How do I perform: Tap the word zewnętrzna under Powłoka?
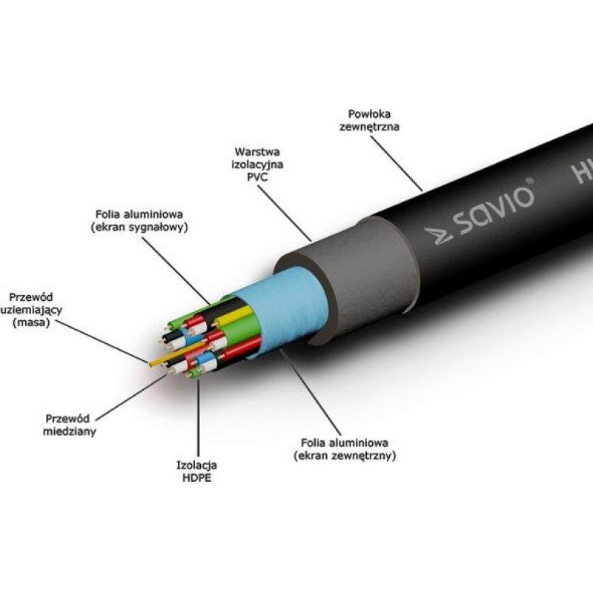(x=374, y=127)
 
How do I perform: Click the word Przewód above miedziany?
(x=67, y=418)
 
